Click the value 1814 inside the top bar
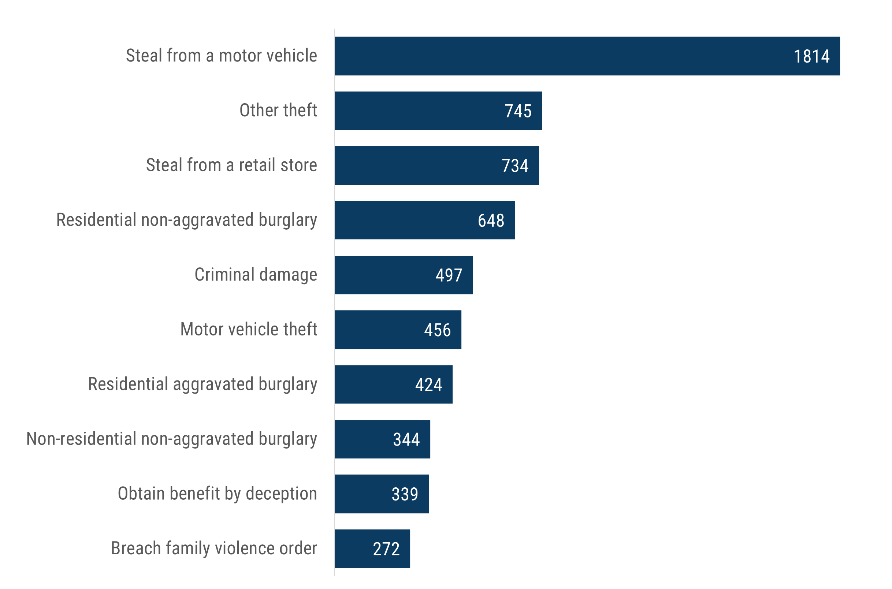tap(811, 57)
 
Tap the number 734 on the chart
tap(515, 166)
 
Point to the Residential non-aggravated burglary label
tap(186, 220)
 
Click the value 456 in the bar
tap(437, 330)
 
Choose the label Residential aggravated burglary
tap(202, 384)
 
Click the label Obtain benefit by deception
tap(217, 494)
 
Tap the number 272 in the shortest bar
tap(386, 549)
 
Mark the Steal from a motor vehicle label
tap(222, 56)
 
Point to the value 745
tap(518, 111)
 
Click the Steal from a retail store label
tap(231, 165)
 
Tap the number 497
tap(449, 275)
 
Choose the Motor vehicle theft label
tap(249, 329)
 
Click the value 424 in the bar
tap(428, 385)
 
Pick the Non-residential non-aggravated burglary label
tap(171, 439)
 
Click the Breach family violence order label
tap(214, 548)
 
